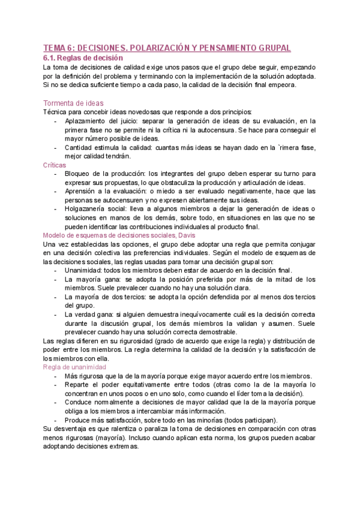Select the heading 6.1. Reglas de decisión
click(x=83, y=58)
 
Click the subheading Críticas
click(x=55, y=164)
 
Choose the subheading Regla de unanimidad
click(x=74, y=367)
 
